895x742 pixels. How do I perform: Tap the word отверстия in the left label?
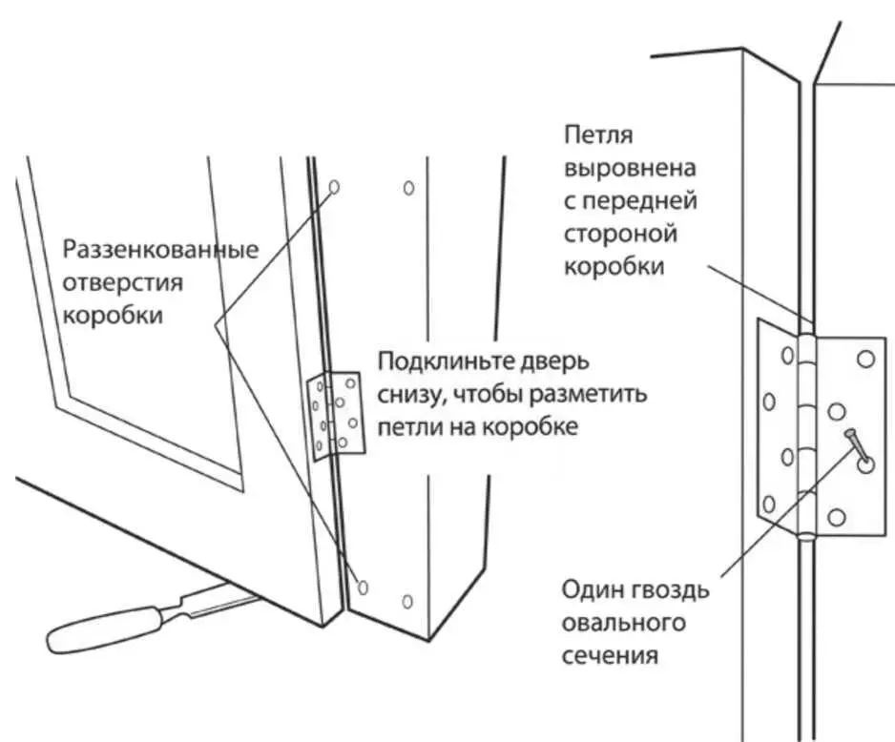(123, 283)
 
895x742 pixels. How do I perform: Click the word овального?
(625, 624)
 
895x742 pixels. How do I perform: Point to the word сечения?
(612, 656)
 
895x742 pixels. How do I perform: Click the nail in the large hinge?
(856, 445)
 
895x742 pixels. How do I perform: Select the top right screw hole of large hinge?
(866, 360)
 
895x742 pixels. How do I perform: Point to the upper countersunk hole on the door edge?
(334, 187)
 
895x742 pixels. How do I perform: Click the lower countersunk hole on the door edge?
(363, 586)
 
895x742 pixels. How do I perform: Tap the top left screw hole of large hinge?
(786, 356)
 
